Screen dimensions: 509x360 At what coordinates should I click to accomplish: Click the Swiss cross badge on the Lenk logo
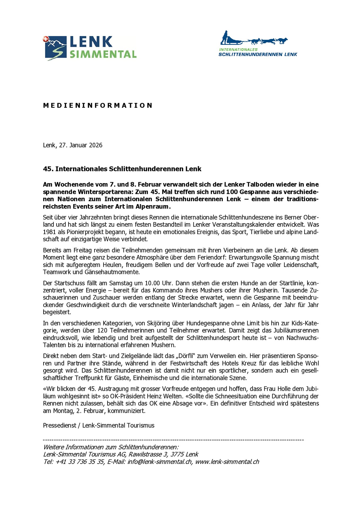pyautogui.click(x=46, y=39)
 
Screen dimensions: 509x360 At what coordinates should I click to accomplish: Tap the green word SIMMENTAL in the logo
pyautogui.click(x=103, y=54)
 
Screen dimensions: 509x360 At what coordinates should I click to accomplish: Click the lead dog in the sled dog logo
pyautogui.click(x=283, y=41)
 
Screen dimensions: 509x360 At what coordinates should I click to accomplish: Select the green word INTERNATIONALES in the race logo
pyautogui.click(x=238, y=50)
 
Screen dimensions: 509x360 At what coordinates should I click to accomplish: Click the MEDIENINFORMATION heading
pyautogui.click(x=98, y=106)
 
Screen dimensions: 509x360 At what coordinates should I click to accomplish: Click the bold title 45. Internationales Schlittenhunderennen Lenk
pyautogui.click(x=122, y=169)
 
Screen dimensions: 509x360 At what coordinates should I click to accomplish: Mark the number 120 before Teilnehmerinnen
pyautogui.click(x=102, y=331)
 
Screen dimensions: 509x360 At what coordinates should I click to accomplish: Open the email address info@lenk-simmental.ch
pyautogui.click(x=160, y=462)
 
